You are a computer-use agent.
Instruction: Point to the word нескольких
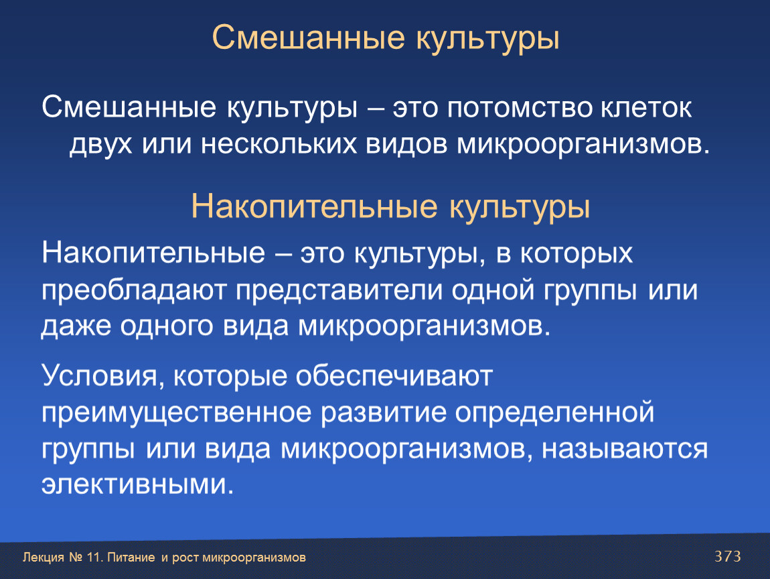279,145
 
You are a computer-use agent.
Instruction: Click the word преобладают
133,290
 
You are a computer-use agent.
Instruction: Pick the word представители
339,291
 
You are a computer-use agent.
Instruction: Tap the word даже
76,327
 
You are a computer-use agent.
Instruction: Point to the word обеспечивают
394,377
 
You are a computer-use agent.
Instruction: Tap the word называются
625,450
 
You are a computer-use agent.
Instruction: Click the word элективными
137,485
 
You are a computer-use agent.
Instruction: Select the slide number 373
727,556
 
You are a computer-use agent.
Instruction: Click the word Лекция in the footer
44,558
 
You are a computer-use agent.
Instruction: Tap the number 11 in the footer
94,558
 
